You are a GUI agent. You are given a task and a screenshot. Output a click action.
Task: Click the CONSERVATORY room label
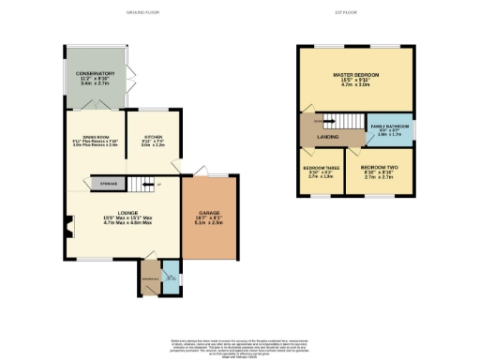click(96, 73)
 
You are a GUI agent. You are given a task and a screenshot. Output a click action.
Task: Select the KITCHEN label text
click(152, 138)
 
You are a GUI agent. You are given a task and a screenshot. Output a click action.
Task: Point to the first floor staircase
click(336, 121)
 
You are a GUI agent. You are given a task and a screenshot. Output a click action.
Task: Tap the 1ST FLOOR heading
click(356, 12)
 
